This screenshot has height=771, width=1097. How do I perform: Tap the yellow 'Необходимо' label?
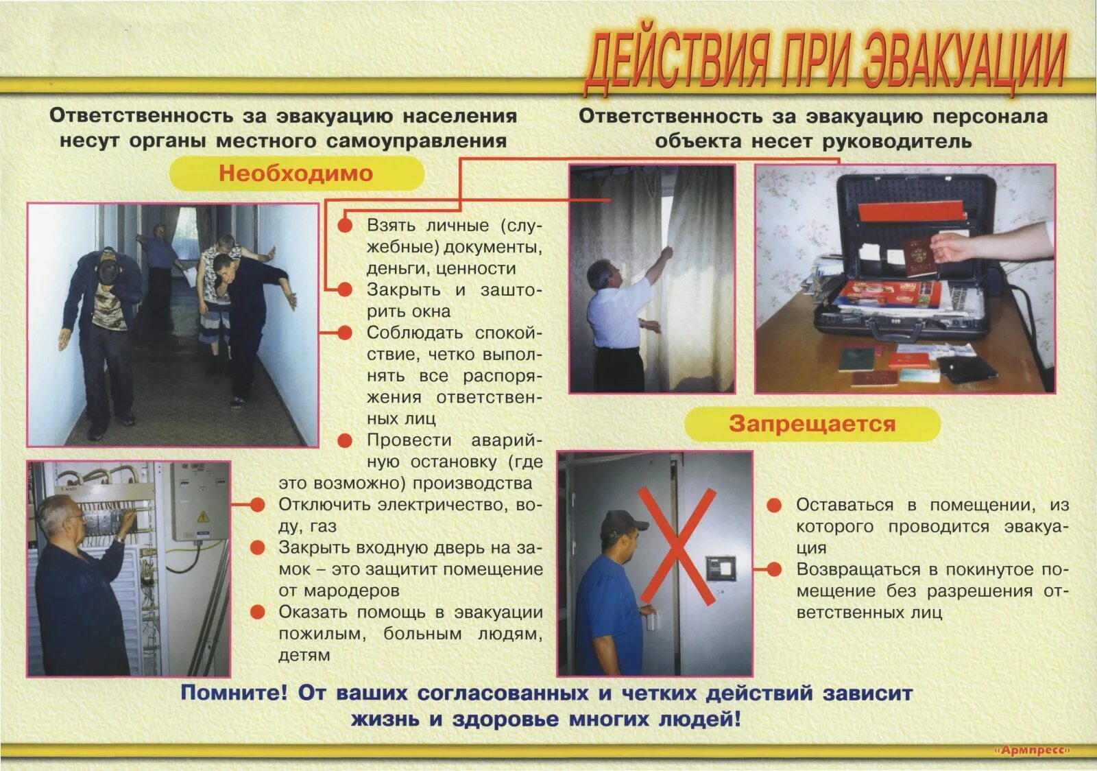click(x=296, y=173)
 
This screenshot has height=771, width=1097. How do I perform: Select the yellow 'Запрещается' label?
click(x=812, y=423)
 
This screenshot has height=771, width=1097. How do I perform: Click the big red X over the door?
click(x=676, y=545)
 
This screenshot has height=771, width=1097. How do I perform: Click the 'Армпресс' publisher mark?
click(x=1031, y=750)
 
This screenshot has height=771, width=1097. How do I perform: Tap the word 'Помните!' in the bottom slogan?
click(x=234, y=693)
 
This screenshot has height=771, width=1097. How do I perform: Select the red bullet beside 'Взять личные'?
click(x=345, y=225)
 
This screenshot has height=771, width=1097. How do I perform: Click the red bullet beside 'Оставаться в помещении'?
click(x=774, y=506)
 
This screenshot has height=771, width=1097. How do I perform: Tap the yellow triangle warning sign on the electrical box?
click(x=203, y=516)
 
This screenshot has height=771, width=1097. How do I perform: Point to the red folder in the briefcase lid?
click(x=912, y=211)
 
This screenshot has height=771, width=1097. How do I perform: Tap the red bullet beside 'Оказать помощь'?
click(x=258, y=612)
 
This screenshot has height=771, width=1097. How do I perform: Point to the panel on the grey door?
click(x=721, y=569)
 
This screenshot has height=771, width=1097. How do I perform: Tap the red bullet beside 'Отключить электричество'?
click(x=258, y=506)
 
